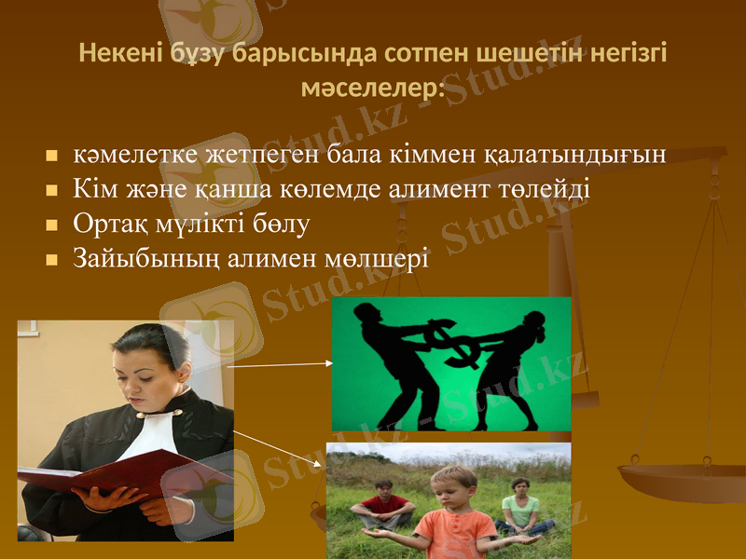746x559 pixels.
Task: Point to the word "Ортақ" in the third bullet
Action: (x=106, y=224)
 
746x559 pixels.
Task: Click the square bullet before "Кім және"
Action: (x=52, y=190)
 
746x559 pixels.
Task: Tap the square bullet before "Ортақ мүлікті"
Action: (x=52, y=225)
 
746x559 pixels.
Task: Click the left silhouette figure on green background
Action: (x=392, y=363)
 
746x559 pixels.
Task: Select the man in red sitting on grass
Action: (x=383, y=508)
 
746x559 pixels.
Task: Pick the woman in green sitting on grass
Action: (x=520, y=508)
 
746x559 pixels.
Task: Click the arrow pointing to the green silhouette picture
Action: (x=280, y=364)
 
